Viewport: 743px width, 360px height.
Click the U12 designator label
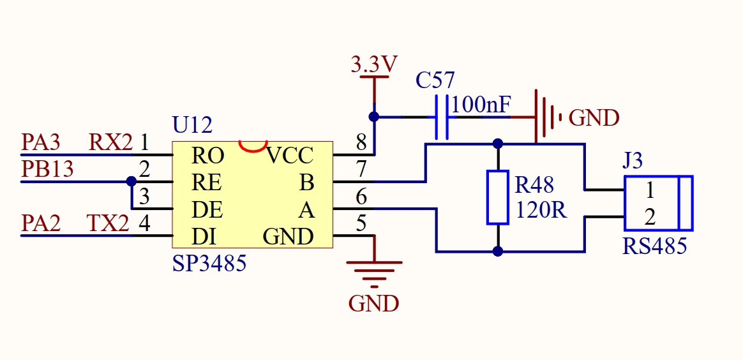click(x=192, y=124)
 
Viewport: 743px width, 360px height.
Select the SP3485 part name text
click(x=209, y=264)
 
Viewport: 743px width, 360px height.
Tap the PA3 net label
click(x=41, y=142)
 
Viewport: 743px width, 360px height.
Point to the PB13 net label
click(x=47, y=169)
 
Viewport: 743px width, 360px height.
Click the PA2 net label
click(x=41, y=223)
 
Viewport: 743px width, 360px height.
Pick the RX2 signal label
click(x=110, y=142)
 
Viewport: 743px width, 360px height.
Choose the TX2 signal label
click(x=108, y=223)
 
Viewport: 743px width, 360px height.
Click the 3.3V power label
click(x=374, y=64)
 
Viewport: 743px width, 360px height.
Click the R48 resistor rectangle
click(x=497, y=197)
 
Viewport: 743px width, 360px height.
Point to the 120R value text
click(x=541, y=211)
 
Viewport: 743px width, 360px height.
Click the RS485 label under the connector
click(x=654, y=246)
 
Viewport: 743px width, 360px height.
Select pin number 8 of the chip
click(x=361, y=142)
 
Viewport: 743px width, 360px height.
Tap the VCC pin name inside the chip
click(x=290, y=155)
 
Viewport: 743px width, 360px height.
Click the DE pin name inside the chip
click(x=206, y=210)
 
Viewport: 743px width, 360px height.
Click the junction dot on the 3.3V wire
click(x=374, y=117)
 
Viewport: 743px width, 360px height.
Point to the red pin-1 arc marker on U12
click(x=253, y=146)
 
